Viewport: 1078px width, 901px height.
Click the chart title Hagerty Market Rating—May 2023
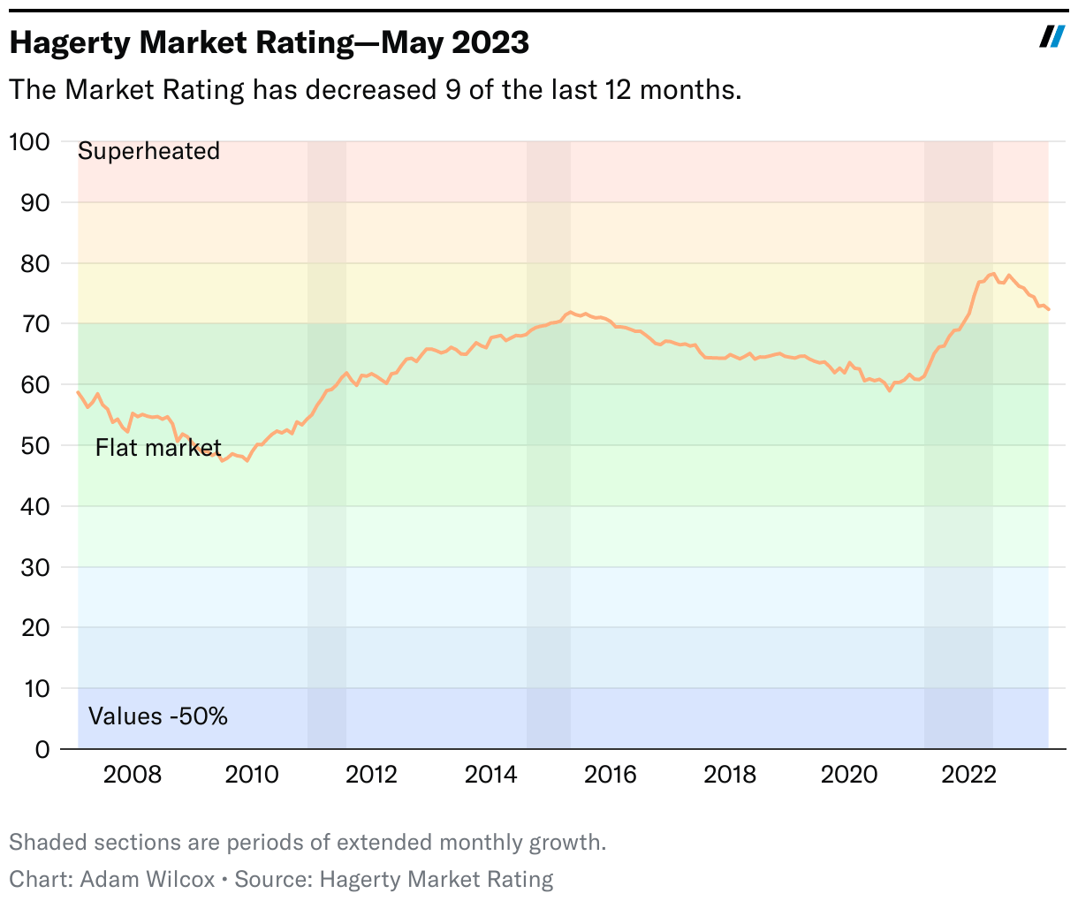269,42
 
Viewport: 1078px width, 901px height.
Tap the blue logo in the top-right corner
1051,36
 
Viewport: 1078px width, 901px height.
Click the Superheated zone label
148,151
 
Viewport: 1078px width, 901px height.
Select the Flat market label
158,448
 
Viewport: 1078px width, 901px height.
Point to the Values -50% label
158,716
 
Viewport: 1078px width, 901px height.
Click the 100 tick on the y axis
29,141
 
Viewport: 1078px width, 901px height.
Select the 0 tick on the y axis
42,749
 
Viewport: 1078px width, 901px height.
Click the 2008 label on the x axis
133,775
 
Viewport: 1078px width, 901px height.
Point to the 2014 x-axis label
491,775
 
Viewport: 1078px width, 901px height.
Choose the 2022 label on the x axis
969,775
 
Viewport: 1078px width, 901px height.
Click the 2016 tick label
611,775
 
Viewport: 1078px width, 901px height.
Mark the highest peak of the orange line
993,274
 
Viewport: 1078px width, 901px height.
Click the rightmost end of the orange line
1049,309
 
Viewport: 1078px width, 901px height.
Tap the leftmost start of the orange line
78,391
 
